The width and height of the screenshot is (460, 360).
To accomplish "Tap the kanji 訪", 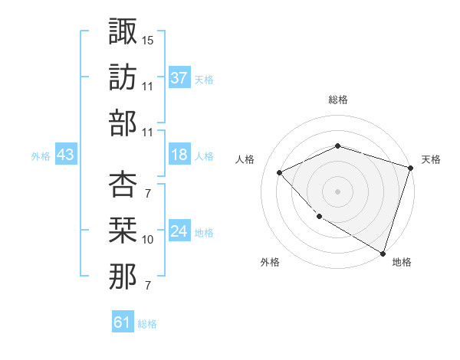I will [123, 77].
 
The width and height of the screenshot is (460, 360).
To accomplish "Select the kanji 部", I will [123, 123].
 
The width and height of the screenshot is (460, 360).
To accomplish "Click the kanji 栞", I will [123, 231].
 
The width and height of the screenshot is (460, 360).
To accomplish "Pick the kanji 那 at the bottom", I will [123, 277].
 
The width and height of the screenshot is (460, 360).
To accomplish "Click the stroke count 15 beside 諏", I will [148, 39].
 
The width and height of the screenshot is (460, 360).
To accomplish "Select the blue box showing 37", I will [179, 78].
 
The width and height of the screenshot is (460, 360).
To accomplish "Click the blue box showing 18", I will [179, 155].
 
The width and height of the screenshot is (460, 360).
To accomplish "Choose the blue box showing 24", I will [179, 232].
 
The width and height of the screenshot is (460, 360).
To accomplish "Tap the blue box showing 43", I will [66, 155].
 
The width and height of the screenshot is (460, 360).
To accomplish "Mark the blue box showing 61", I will [122, 322].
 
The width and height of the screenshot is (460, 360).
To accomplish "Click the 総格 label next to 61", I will [147, 324].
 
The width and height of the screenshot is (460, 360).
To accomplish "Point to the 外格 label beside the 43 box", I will [41, 156].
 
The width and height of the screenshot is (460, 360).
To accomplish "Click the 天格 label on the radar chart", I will [431, 159].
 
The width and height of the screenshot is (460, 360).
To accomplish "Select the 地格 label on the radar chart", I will [402, 262].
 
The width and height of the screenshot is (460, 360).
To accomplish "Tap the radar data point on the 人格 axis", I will [280, 172].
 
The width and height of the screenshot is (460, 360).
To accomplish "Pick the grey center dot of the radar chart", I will [337, 191].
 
